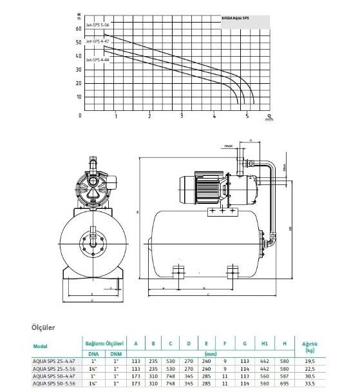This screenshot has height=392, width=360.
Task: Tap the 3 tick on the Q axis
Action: (182, 116)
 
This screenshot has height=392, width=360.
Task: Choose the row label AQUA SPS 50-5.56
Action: (55, 384)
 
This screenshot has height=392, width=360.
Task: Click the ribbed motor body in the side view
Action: (207, 188)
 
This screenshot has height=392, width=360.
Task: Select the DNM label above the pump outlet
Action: (228, 146)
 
